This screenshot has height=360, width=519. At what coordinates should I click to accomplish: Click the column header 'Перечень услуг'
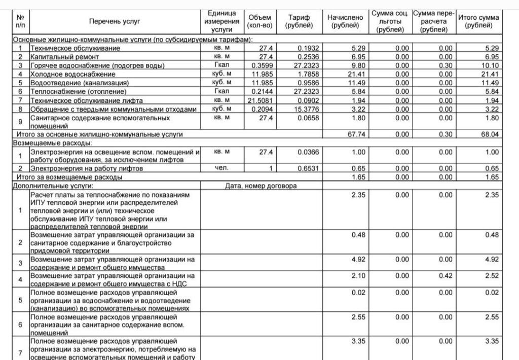[114, 21]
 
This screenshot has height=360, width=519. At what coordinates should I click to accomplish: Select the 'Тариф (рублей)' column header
[299, 21]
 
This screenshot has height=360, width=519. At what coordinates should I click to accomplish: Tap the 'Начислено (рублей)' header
[345, 21]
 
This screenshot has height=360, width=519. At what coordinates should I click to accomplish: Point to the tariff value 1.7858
[306, 74]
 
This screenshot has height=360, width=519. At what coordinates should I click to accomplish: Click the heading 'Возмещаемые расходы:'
[47, 143]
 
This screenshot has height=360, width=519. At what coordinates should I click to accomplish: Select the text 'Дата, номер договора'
[261, 186]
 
